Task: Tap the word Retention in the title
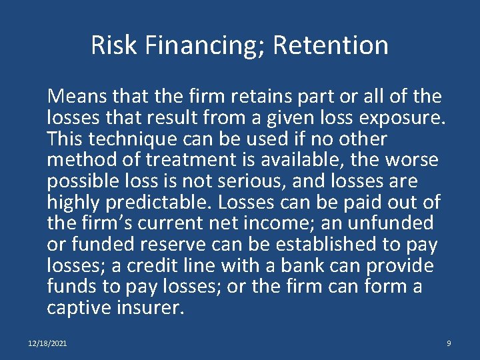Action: tap(331, 45)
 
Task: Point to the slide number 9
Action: tap(449, 343)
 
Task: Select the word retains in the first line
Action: tap(259, 97)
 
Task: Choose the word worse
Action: tap(414, 161)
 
